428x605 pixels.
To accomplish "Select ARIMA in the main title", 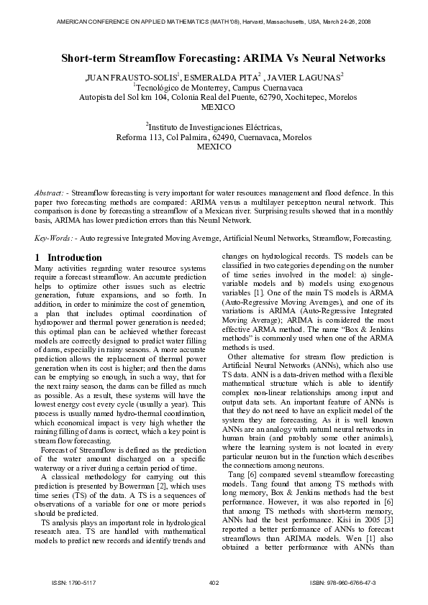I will point(275,58).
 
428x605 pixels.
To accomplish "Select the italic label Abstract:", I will point(51,194).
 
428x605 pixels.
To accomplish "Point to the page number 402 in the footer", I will point(214,581).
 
